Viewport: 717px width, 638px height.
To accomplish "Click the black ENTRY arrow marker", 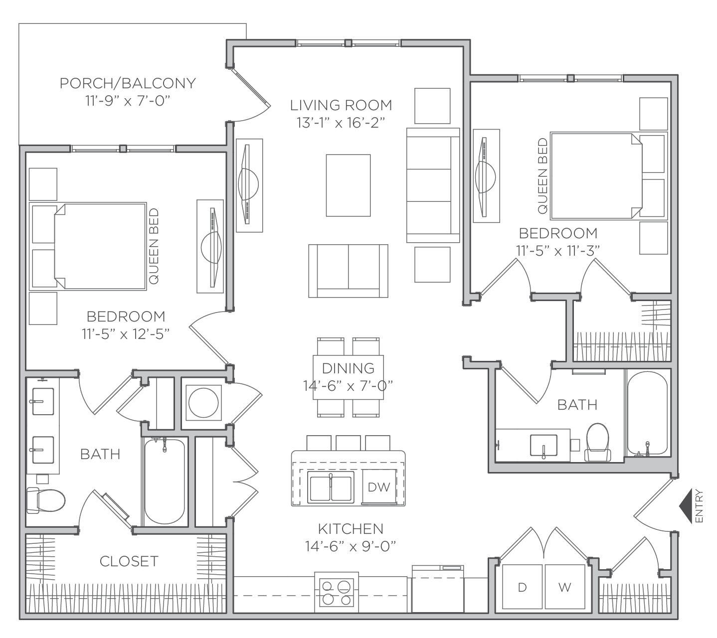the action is pyautogui.click(x=686, y=506).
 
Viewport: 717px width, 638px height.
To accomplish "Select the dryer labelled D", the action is pyautogui.click(x=523, y=587).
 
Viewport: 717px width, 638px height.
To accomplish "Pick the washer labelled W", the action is pyautogui.click(x=565, y=587).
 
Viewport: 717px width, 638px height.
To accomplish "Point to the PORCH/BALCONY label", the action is pyautogui.click(x=128, y=84).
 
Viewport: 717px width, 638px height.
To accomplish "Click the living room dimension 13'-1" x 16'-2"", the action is pyautogui.click(x=341, y=123).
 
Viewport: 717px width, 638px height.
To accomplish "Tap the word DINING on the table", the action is pyautogui.click(x=348, y=368).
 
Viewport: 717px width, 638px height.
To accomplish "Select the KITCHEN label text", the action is pyautogui.click(x=351, y=529).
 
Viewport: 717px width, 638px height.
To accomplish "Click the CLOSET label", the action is pyautogui.click(x=129, y=561).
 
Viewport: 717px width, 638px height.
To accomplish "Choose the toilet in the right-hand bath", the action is pyautogui.click(x=598, y=443).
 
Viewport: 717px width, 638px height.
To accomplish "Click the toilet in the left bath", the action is pyautogui.click(x=46, y=500).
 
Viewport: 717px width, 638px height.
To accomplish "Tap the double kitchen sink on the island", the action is pyautogui.click(x=331, y=487).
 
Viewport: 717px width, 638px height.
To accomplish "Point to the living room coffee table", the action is pyautogui.click(x=348, y=185).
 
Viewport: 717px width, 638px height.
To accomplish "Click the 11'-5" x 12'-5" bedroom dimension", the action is pyautogui.click(x=126, y=334).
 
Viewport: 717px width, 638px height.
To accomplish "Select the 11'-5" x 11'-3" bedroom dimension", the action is pyautogui.click(x=558, y=251).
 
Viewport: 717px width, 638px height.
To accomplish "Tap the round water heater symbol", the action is pyautogui.click(x=203, y=403).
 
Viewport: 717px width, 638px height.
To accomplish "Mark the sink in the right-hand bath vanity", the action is pyautogui.click(x=543, y=446).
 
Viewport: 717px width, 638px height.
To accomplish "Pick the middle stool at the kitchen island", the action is pyautogui.click(x=348, y=443).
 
